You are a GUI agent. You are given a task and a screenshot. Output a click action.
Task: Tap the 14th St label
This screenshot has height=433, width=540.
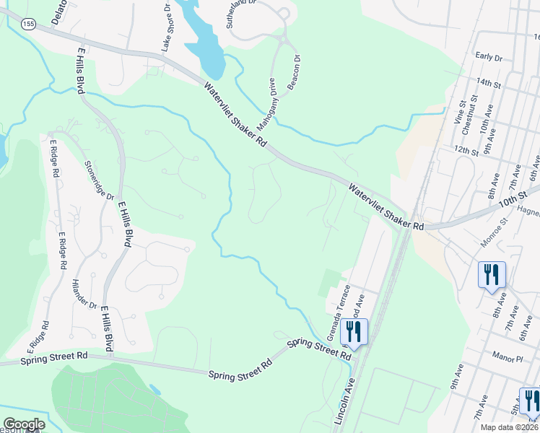[x=489, y=84]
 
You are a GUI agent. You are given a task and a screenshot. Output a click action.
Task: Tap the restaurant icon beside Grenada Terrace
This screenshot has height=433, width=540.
[x=354, y=331]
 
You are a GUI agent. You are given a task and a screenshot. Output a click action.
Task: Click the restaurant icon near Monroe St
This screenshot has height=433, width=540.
[x=492, y=274]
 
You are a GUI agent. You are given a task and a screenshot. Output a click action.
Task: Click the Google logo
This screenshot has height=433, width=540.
[x=24, y=424]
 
